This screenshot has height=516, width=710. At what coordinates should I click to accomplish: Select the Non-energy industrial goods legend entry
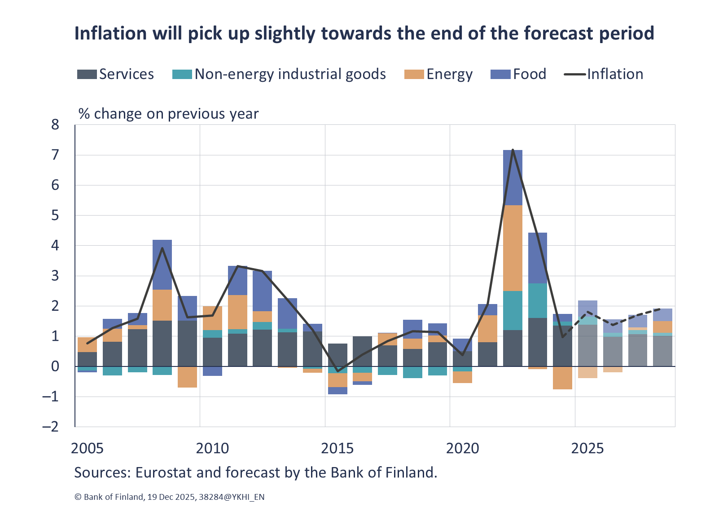coord(279,74)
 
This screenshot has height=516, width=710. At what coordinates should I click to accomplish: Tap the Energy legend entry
coord(438,74)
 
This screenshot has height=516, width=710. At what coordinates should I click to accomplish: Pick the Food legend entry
coord(519,74)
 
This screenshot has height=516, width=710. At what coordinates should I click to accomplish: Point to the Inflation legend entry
coord(604,74)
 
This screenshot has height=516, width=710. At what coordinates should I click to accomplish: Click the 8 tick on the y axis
coord(55,125)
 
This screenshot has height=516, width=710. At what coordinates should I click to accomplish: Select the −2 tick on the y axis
coord(51,426)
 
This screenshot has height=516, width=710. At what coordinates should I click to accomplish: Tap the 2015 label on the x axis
coord(337,448)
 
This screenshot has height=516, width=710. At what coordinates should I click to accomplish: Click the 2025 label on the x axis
coord(587,448)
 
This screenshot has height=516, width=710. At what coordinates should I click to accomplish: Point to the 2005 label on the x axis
coord(87,448)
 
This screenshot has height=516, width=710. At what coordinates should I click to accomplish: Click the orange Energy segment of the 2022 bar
coord(513,248)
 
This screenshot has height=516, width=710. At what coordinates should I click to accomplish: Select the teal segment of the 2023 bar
coord(537,300)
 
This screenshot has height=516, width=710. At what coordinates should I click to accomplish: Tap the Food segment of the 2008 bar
coord(162,265)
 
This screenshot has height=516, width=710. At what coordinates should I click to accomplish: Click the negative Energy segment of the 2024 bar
coord(562,378)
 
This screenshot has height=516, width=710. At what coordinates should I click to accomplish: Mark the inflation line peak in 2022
coord(513,150)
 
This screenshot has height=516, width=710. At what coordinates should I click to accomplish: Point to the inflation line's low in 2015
coord(337,371)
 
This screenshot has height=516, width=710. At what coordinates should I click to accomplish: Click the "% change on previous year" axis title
coord(168,114)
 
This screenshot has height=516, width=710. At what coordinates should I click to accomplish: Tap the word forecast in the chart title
coord(558,33)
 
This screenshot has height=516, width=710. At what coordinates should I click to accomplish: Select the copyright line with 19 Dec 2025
coord(169,497)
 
